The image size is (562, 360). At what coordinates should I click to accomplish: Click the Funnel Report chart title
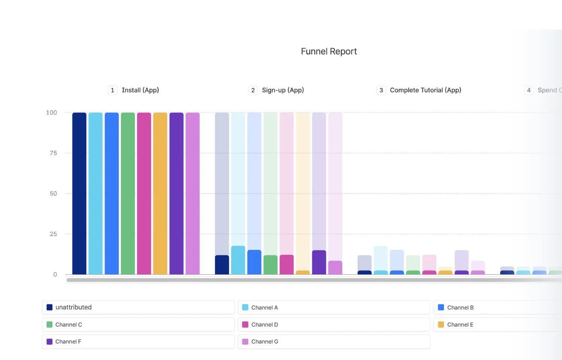coord(329,51)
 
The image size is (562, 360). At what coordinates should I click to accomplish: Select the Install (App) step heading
coord(140,90)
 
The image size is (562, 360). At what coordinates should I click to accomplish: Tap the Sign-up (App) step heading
coord(283,90)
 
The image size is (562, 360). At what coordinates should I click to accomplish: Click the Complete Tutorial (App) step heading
coord(425,90)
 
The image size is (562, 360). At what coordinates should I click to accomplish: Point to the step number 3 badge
coord(381,90)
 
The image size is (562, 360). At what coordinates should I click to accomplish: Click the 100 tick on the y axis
coord(51,113)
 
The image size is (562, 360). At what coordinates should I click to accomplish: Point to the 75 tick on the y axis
coord(53,153)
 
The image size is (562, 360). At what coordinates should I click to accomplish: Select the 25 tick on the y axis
coord(53,234)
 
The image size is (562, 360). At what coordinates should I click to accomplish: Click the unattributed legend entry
coord(138,307)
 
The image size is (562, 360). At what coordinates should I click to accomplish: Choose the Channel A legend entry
coord(334,307)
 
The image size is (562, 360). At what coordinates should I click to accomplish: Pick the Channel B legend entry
coord(497,307)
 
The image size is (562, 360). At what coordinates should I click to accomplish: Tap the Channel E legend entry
coord(497,324)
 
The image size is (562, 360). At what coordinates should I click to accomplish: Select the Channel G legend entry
coord(334,342)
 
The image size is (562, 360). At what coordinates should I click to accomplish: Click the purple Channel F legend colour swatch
coord(49,342)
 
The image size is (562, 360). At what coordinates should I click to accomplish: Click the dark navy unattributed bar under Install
coord(79,193)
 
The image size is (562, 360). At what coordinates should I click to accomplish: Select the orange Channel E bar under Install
coord(160,193)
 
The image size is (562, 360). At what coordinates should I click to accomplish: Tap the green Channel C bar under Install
coord(128,193)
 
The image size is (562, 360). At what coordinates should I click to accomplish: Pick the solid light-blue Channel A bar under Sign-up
coord(238,260)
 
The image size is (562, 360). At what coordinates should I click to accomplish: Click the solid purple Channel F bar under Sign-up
coord(319,262)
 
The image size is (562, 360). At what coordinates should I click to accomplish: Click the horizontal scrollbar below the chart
coord(300,280)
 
